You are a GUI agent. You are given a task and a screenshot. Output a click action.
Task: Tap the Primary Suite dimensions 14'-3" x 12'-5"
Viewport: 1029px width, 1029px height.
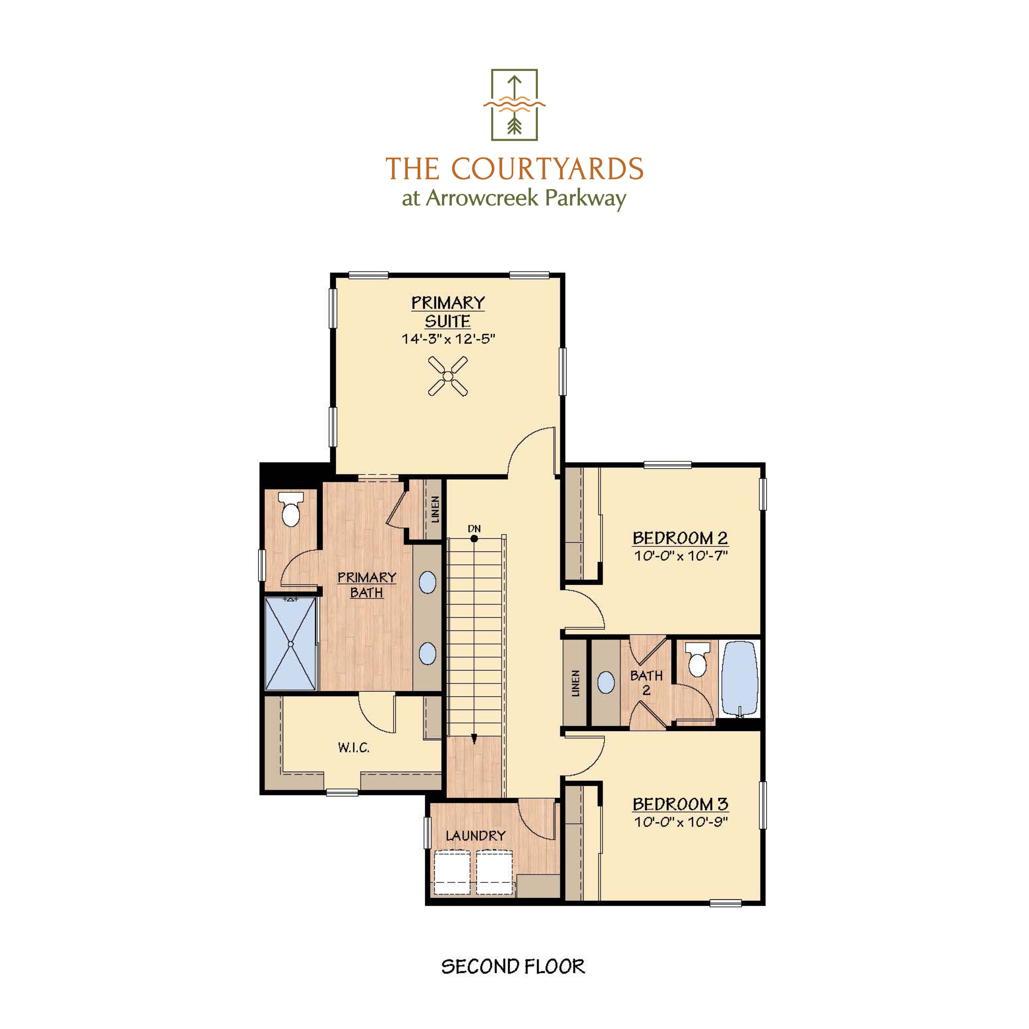pyautogui.click(x=448, y=339)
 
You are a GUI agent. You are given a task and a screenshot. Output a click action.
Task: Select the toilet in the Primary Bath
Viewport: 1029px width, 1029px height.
pyautogui.click(x=291, y=510)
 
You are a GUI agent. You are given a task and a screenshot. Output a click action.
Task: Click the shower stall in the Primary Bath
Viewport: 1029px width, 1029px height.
pyautogui.click(x=291, y=644)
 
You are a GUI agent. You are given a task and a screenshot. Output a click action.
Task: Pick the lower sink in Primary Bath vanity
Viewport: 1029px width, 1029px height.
pyautogui.click(x=427, y=654)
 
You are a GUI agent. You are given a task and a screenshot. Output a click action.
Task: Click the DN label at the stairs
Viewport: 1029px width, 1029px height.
pyautogui.click(x=474, y=529)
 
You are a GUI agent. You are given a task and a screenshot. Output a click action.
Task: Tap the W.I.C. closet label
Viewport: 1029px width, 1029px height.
pyautogui.click(x=354, y=748)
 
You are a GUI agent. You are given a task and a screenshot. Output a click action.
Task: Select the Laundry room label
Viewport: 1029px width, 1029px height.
pyautogui.click(x=476, y=836)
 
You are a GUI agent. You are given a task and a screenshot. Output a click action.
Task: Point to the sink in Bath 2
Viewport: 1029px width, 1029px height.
pyautogui.click(x=606, y=682)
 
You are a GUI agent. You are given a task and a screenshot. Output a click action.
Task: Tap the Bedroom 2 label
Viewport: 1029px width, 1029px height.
pyautogui.click(x=680, y=538)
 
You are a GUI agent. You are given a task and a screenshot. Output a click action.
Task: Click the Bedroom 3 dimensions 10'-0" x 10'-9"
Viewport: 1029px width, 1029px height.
pyautogui.click(x=680, y=822)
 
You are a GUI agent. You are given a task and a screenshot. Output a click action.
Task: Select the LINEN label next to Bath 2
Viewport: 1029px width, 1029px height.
pyautogui.click(x=575, y=684)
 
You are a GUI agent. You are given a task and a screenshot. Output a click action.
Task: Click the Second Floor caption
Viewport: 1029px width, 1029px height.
pyautogui.click(x=513, y=967)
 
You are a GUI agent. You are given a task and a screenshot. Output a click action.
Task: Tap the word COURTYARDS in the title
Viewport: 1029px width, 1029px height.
pyautogui.click(x=547, y=169)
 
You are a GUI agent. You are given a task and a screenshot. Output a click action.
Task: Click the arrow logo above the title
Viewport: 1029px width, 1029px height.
pyautogui.click(x=514, y=105)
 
